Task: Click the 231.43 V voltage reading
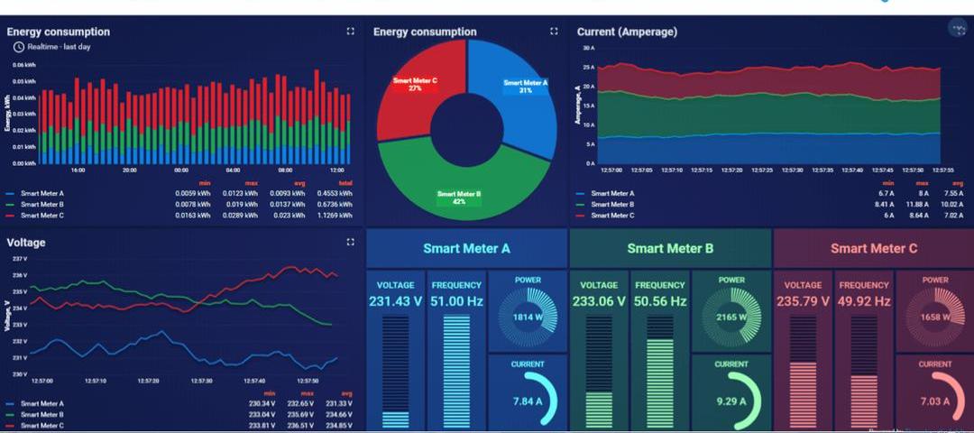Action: click(395, 300)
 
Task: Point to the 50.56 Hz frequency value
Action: click(659, 300)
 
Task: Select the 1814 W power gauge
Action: click(528, 318)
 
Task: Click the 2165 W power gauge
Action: click(731, 318)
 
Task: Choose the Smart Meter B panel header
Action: click(670, 248)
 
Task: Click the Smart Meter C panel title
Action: click(874, 248)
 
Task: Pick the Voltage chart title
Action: click(26, 243)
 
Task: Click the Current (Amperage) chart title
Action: click(627, 32)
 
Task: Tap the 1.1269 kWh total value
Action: click(338, 216)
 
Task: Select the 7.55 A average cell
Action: click(953, 193)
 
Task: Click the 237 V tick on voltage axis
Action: click(20, 259)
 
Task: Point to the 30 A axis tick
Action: click(589, 47)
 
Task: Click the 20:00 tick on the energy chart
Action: click(130, 170)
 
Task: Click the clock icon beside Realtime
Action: click(18, 46)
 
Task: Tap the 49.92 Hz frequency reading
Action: click(863, 300)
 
